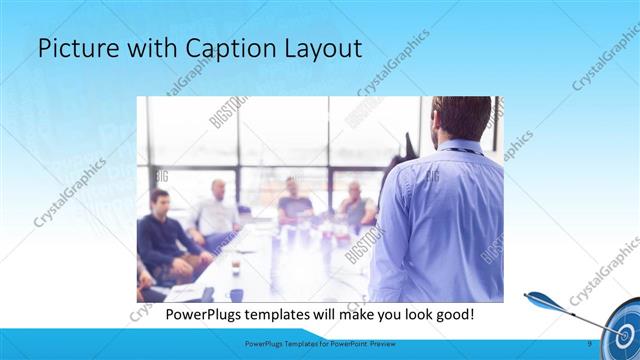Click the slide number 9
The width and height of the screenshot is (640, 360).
click(589, 343)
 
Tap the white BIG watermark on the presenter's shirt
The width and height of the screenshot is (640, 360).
click(432, 177)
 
